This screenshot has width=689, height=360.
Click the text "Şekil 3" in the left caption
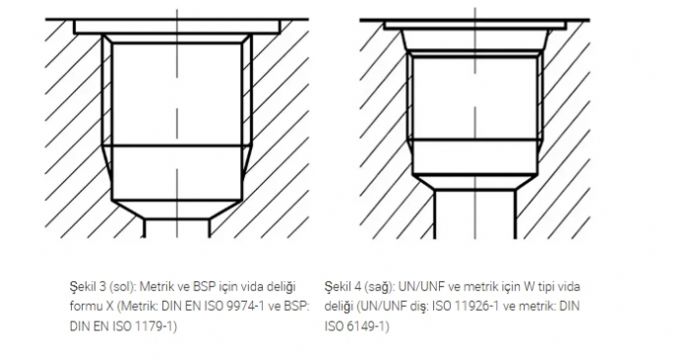pyautogui.click(x=88, y=286)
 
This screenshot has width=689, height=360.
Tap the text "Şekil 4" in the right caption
pyautogui.click(x=343, y=286)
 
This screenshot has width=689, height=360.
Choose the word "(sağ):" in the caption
pyautogui.click(x=380, y=287)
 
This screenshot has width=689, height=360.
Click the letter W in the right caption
pyautogui.click(x=529, y=286)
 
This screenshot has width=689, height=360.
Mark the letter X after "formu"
pyautogui.click(x=110, y=306)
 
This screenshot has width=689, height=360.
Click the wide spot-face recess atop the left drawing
pyautogui.click(x=176, y=28)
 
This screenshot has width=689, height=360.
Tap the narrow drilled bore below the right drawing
pyautogui.click(x=475, y=214)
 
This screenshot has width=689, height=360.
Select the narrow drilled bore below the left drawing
pyautogui.click(x=176, y=228)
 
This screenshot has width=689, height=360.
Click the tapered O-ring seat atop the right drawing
pyautogui.click(x=475, y=40)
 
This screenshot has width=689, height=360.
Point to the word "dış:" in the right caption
pyautogui.click(x=418, y=307)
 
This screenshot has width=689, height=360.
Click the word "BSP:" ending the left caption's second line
pyautogui.click(x=296, y=306)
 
